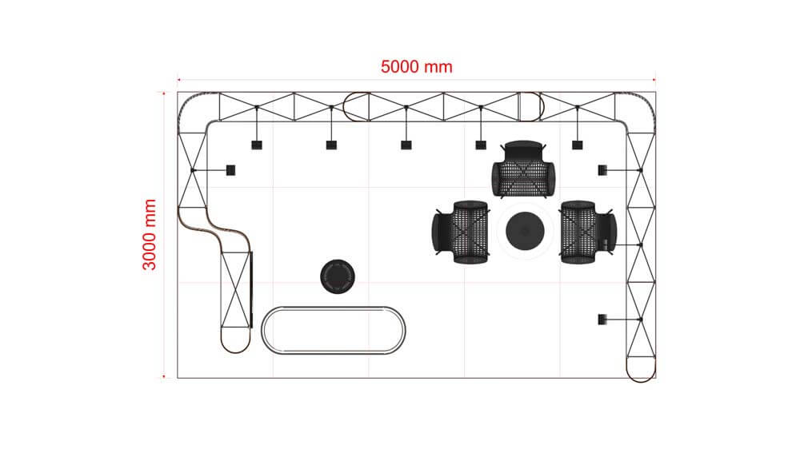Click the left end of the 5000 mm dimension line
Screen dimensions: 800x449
178,80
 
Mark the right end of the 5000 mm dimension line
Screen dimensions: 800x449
654,80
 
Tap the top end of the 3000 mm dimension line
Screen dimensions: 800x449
164,93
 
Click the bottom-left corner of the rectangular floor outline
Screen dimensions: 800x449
178,378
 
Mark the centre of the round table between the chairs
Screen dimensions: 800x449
525,231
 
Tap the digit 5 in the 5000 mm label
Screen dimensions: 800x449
386,67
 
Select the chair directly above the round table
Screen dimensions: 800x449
523,169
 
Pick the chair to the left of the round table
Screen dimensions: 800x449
461,232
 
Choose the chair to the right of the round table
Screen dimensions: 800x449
588,232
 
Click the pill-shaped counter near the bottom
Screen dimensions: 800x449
333,330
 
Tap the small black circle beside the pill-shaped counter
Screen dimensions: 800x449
338,276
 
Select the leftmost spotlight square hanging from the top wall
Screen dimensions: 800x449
257,145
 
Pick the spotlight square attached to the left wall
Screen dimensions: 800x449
230,170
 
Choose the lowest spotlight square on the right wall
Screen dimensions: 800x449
602,320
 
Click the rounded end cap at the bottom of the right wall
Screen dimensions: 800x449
641,369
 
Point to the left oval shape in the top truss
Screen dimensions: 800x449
356,106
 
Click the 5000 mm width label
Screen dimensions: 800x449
416,67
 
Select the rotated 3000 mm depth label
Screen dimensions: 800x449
150,234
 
